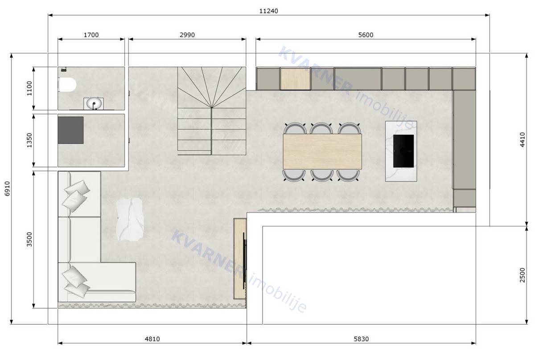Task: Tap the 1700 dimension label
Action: click(x=91, y=35)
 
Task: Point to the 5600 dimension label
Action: click(x=365, y=35)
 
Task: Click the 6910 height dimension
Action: click(x=6, y=189)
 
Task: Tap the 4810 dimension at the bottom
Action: click(x=152, y=339)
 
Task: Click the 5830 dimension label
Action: click(x=361, y=339)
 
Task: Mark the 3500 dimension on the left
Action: click(x=29, y=239)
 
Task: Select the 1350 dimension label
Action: click(x=29, y=140)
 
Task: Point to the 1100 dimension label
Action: click(x=29, y=89)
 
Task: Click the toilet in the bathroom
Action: click(x=67, y=84)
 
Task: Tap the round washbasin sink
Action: click(x=94, y=104)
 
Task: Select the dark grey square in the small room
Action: click(x=70, y=130)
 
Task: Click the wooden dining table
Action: click(x=322, y=152)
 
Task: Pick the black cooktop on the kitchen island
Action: click(x=403, y=150)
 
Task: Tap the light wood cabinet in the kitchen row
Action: click(x=295, y=79)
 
